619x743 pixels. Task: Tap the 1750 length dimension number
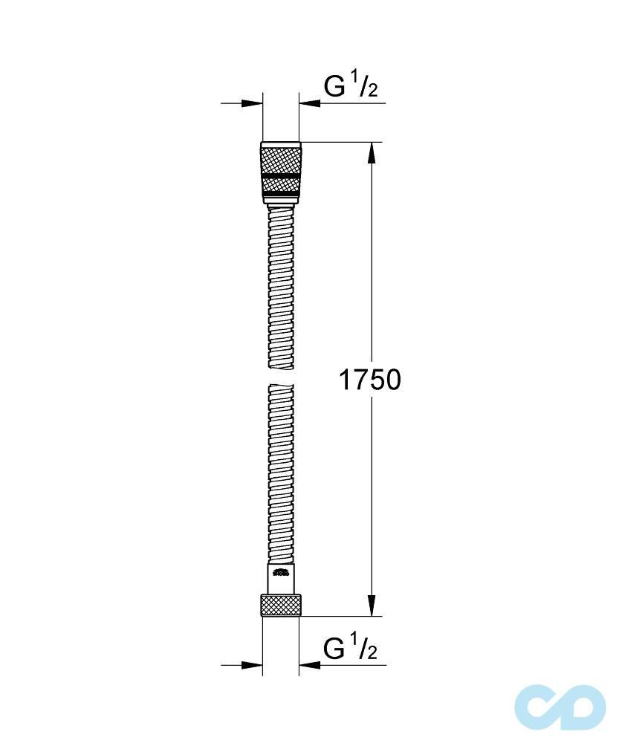[369, 380]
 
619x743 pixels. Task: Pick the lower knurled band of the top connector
[281, 184]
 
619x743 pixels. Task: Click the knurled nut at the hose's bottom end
[281, 605]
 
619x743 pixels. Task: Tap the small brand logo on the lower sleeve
[281, 572]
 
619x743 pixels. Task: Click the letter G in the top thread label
[335, 87]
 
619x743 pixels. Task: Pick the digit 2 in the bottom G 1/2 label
[372, 653]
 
